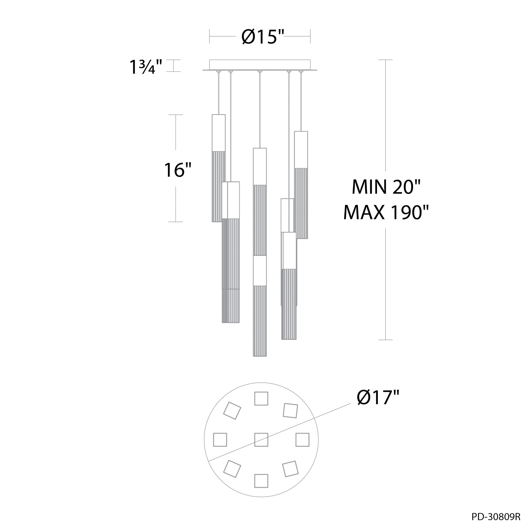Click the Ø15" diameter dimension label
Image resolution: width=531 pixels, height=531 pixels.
tap(263, 37)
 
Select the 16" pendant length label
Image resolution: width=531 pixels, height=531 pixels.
tap(178, 170)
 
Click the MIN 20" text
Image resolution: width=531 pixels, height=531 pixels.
tap(386, 187)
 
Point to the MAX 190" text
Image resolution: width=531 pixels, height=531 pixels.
tap(386, 212)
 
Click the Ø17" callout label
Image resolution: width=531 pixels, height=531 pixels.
tap(378, 397)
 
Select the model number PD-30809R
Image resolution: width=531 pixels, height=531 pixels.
tap(496, 524)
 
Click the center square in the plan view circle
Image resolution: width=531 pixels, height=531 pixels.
tap(261, 439)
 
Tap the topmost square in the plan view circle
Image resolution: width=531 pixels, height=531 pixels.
tap(261, 398)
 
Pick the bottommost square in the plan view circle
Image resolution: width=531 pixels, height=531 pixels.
tap(261, 481)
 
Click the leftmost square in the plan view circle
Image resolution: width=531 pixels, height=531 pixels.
tap(220, 439)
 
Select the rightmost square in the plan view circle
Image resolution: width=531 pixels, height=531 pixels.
tap(302, 439)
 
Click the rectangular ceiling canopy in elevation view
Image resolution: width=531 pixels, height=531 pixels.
tap(260, 65)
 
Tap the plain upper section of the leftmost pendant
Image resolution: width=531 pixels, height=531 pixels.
tap(219, 132)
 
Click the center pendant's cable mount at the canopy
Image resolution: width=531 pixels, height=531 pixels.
tap(260, 72)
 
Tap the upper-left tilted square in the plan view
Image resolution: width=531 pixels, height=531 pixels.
tap(232, 411)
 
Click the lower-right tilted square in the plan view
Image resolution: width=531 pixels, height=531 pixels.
tap(290, 469)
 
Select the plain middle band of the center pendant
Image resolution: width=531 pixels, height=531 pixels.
tap(260, 271)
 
